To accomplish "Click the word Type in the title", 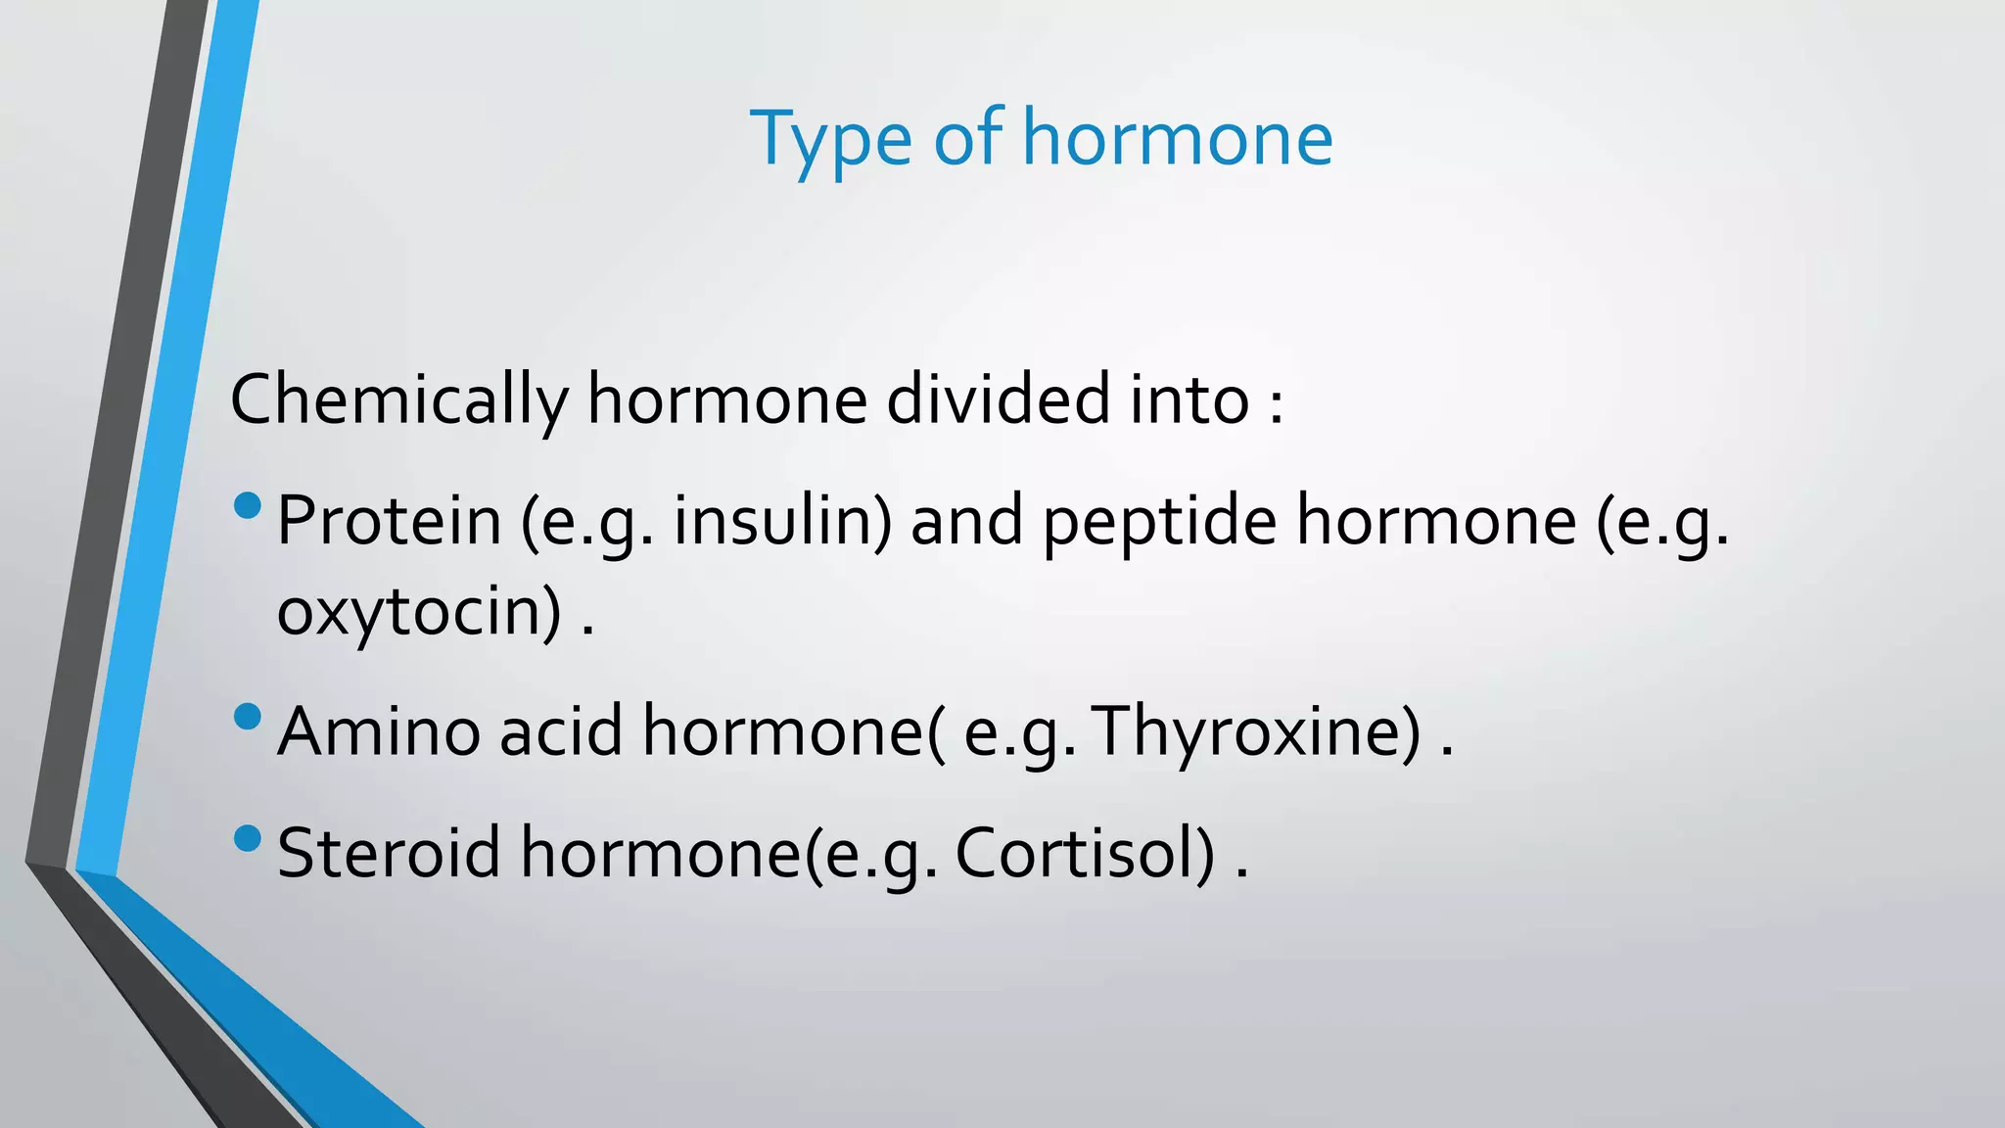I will coord(831,139).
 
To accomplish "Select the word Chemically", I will coord(398,400).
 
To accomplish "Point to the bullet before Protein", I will coord(249,506).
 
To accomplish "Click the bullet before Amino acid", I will coord(249,717).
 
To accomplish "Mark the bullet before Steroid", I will coord(249,838).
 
